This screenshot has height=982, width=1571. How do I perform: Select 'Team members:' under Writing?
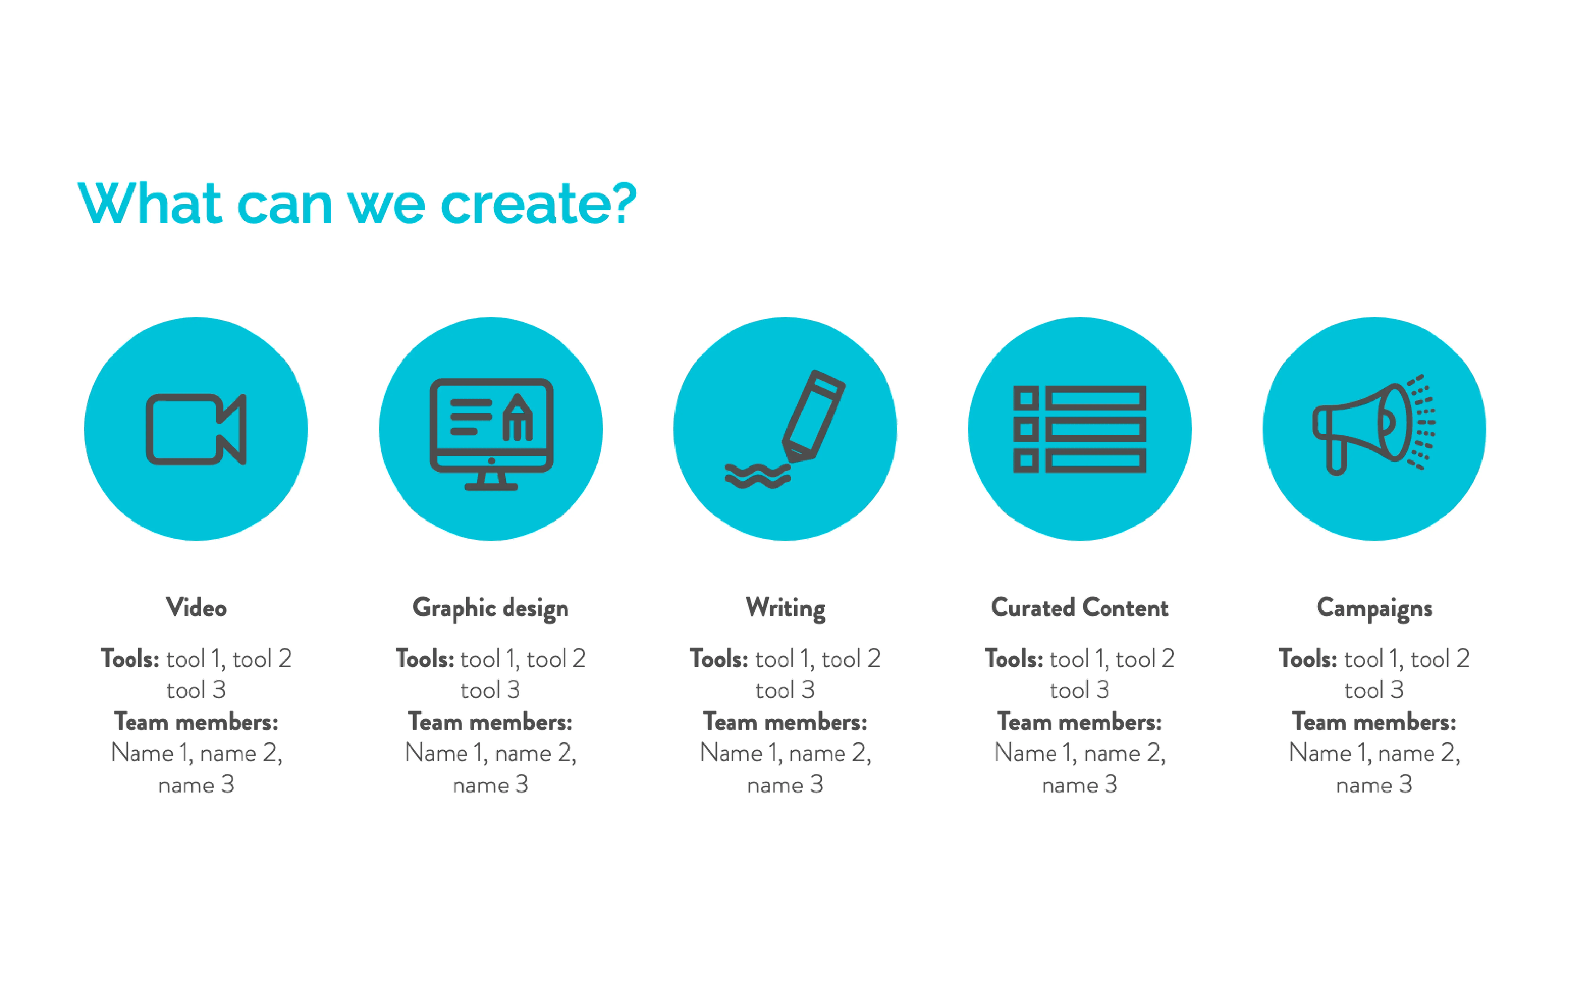pyautogui.click(x=785, y=722)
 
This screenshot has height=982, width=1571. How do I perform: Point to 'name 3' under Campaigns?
pyautogui.click(x=1374, y=785)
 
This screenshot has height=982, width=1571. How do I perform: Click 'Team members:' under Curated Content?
pyautogui.click(x=1079, y=722)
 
